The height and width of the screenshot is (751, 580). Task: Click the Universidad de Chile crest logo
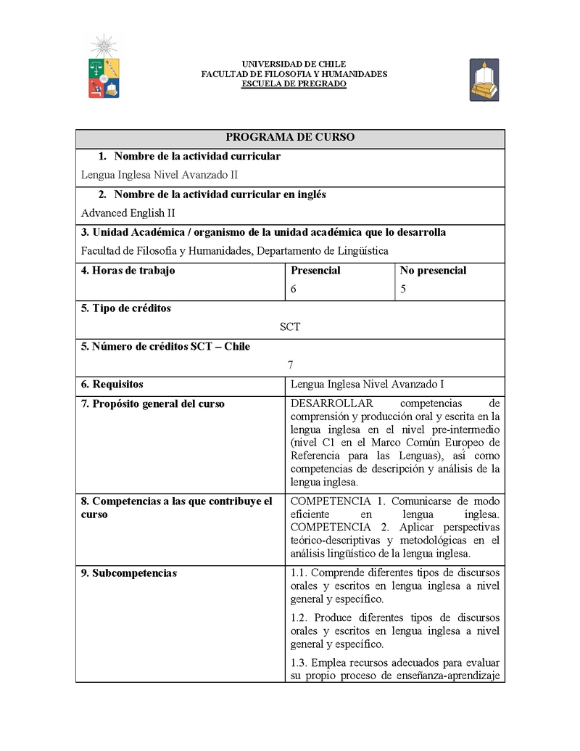[104, 67]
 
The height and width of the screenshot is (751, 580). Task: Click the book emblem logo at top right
[484, 80]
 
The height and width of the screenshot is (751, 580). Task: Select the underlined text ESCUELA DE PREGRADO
[294, 84]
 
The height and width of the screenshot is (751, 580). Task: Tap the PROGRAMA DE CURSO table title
[290, 137]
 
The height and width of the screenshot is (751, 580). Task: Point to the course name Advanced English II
[128, 213]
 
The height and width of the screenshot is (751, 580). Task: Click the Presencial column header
[315, 271]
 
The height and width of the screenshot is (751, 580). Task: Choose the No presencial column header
[433, 271]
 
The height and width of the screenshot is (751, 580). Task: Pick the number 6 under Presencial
[294, 289]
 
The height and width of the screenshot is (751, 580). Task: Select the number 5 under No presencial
[403, 289]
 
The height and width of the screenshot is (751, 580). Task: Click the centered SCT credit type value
[290, 327]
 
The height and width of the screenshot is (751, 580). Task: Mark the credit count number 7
[290, 365]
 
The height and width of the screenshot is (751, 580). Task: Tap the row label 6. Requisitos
[112, 385]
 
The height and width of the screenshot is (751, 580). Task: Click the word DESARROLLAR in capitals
[331, 404]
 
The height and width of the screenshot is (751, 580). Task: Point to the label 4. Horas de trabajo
[128, 271]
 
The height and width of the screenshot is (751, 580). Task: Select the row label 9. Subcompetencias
[129, 573]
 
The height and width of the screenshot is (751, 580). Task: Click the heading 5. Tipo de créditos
[126, 308]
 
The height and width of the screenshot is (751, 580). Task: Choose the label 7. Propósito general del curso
[153, 404]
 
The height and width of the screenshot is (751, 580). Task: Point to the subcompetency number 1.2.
[299, 617]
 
